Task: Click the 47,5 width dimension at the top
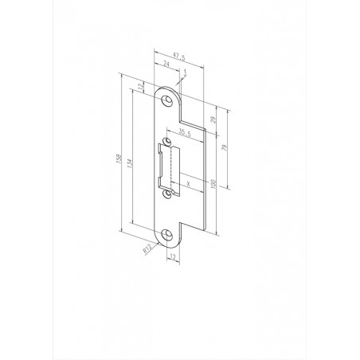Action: tap(178, 57)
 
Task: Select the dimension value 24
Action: tap(165, 66)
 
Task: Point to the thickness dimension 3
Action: tap(185, 71)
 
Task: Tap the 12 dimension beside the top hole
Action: tap(142, 86)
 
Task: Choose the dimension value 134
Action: tap(129, 163)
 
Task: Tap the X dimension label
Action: tap(188, 182)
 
